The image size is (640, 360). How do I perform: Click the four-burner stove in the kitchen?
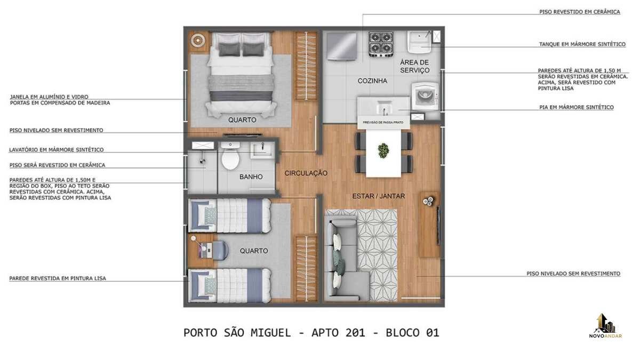381,44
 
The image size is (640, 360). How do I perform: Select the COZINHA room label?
372,81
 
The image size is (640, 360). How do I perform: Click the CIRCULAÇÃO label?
306,173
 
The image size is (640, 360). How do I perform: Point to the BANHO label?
251,177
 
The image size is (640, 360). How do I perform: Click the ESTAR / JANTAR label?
378,196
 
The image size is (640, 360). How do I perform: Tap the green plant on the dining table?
383,150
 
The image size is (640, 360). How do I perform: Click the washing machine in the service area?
425,97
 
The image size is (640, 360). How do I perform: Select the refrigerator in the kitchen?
342,46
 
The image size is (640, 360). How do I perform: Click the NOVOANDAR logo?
605,326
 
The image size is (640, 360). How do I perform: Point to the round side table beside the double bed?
197,41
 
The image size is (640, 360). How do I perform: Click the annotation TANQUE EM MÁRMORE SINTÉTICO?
582,44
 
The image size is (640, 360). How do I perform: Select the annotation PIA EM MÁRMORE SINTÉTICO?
577,107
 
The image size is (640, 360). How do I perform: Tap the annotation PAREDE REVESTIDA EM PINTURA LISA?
58,278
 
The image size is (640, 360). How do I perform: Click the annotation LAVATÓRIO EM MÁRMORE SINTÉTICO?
57,150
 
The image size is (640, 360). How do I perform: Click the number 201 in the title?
355,333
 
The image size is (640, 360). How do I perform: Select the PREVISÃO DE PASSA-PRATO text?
383,122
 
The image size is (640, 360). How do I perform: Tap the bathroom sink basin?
262,150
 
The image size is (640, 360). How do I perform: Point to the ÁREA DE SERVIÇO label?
414,66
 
